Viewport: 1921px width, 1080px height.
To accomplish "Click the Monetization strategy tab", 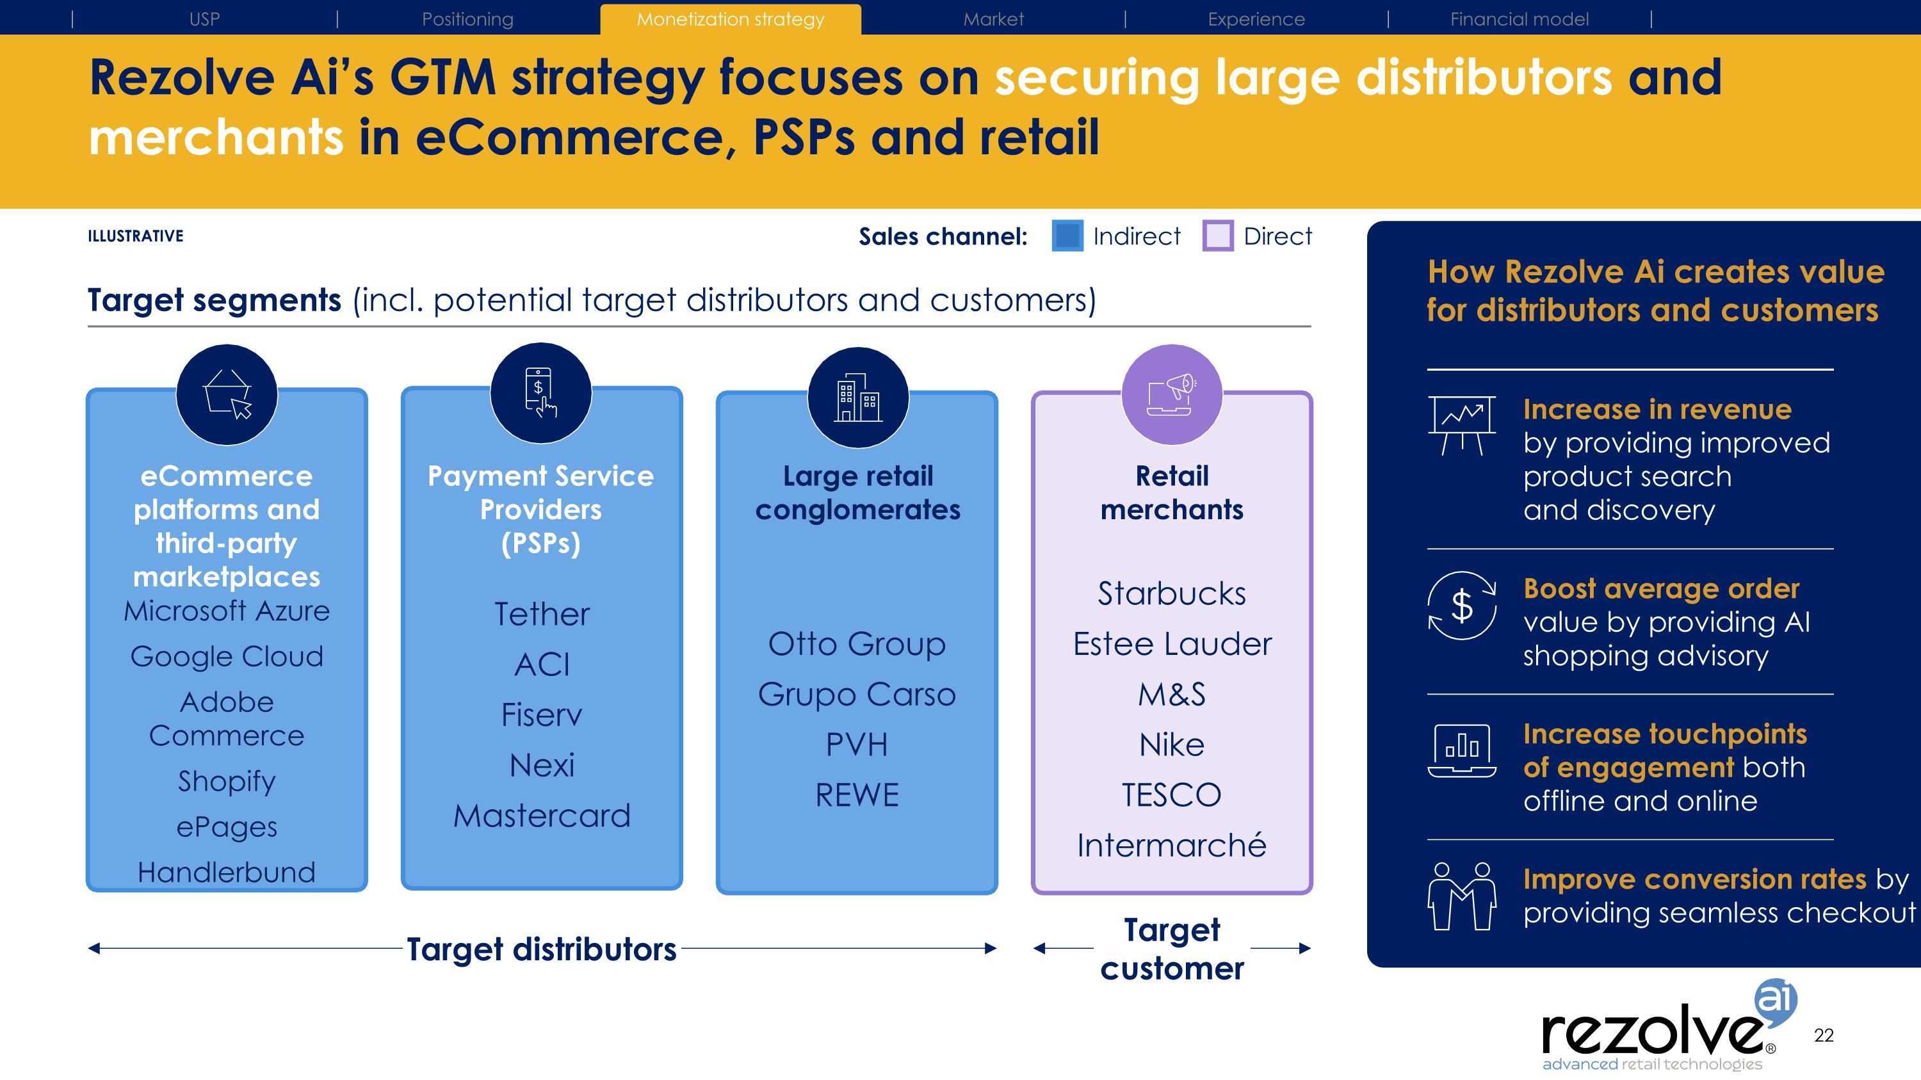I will point(730,19).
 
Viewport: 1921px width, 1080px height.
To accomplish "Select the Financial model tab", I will point(1519,19).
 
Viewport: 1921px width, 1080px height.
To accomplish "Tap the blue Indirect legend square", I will point(1067,236).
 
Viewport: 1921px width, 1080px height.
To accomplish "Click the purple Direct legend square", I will point(1218,236).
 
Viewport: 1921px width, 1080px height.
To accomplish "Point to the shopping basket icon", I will point(227,394).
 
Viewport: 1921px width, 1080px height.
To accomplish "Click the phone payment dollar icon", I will point(540,393).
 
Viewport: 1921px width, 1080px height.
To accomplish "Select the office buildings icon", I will point(857,398).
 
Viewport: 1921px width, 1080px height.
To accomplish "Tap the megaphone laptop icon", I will point(1172,394).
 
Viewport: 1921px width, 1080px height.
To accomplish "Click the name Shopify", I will point(227,781).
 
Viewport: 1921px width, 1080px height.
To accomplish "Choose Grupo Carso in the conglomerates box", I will point(857,694).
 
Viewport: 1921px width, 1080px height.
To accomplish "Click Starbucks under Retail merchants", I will point(1172,593).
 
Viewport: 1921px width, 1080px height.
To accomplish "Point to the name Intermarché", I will point(1172,845).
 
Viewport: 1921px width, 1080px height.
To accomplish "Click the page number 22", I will point(1823,1035).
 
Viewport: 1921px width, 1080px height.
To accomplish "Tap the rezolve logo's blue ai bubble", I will point(1776,998).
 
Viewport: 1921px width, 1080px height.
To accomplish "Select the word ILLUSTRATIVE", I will point(136,236).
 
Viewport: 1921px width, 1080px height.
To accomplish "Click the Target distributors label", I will point(541,949).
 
